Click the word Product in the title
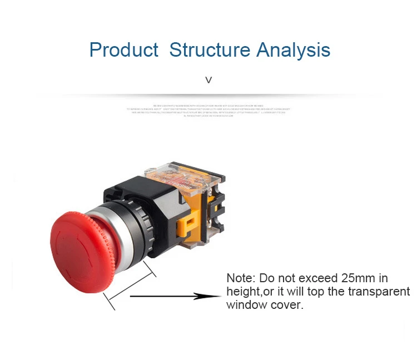coord(124,50)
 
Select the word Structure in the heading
coord(210,50)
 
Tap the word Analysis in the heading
coord(294,50)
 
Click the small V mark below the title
coord(209,80)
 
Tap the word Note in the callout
coord(241,278)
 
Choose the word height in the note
coord(243,292)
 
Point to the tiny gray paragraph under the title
coord(209,110)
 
